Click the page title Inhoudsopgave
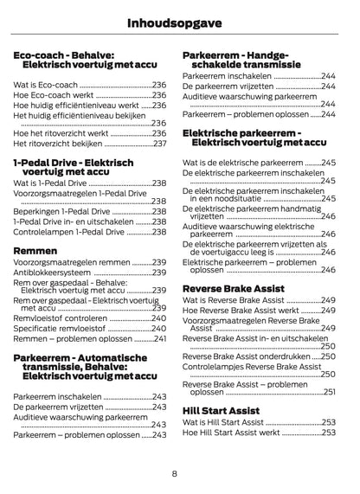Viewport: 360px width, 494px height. [x=179, y=18]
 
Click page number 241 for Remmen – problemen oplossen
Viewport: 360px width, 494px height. [x=159, y=339]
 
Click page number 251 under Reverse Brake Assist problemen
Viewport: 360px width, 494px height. [x=329, y=392]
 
